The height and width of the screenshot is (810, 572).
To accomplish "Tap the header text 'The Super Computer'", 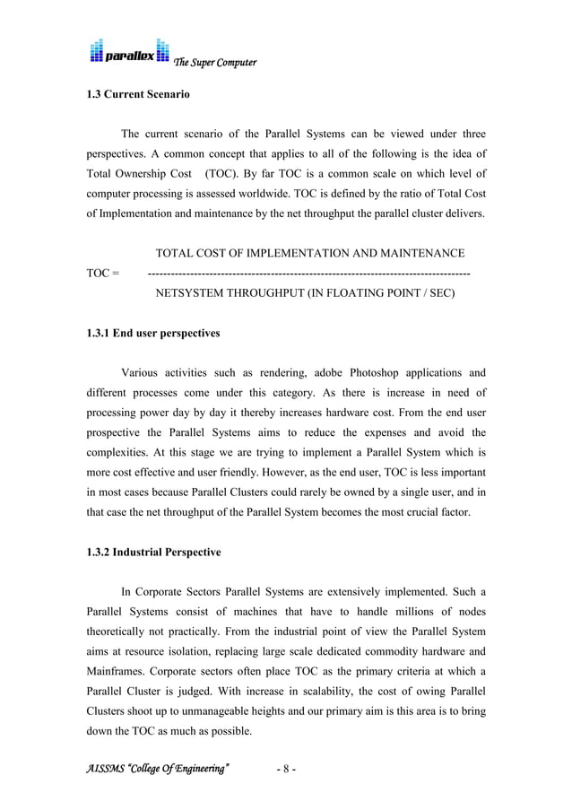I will (x=215, y=63).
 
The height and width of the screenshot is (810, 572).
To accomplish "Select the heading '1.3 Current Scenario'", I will (x=137, y=94).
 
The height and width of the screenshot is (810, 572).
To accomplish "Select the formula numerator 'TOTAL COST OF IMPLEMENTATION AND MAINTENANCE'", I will (x=309, y=253).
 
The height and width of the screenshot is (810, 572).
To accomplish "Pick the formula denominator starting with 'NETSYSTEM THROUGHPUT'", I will (x=305, y=292).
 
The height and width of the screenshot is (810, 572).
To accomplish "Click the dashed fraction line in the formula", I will (x=308, y=273).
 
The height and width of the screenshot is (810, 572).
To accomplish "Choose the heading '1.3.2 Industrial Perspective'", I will (x=153, y=553).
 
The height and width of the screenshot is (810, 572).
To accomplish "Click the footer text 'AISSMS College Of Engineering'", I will (x=158, y=770).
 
